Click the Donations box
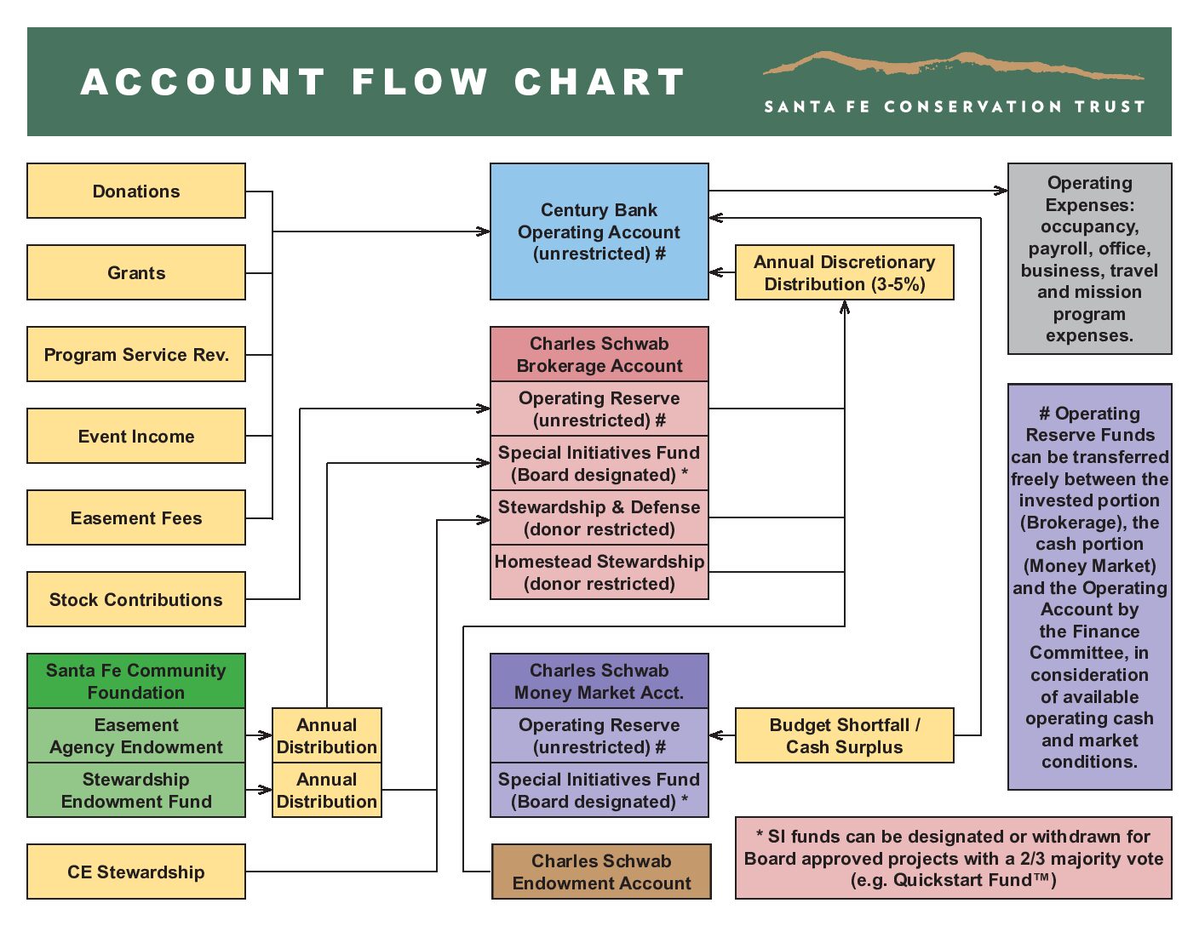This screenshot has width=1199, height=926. point(136,191)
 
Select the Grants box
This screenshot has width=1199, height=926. point(136,272)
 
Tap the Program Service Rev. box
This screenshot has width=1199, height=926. point(136,354)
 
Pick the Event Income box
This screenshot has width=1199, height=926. point(136,436)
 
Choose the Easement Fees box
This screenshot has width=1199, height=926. point(136,517)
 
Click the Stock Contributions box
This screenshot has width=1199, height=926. point(136,599)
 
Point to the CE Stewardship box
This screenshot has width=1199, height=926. point(136,872)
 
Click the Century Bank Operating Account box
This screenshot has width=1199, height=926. point(599,231)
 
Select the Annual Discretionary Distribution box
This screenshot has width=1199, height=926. point(844,272)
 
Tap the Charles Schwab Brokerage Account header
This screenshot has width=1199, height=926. point(599,354)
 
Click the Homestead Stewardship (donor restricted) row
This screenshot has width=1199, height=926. point(599,572)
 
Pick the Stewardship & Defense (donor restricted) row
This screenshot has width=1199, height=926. point(599,517)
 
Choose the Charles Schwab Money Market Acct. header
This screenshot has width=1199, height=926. point(599,681)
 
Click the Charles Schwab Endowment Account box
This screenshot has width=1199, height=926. point(601,872)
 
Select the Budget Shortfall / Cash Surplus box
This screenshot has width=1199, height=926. point(844,735)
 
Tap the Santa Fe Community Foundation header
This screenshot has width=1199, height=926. point(136,681)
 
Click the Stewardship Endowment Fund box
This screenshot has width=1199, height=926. point(136,790)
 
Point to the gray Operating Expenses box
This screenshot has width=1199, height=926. point(1089,259)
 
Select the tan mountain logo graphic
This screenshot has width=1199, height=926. point(954,65)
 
